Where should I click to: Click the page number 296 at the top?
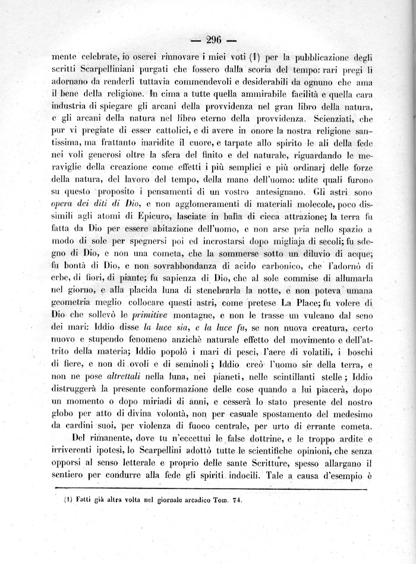click(x=213, y=40)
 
